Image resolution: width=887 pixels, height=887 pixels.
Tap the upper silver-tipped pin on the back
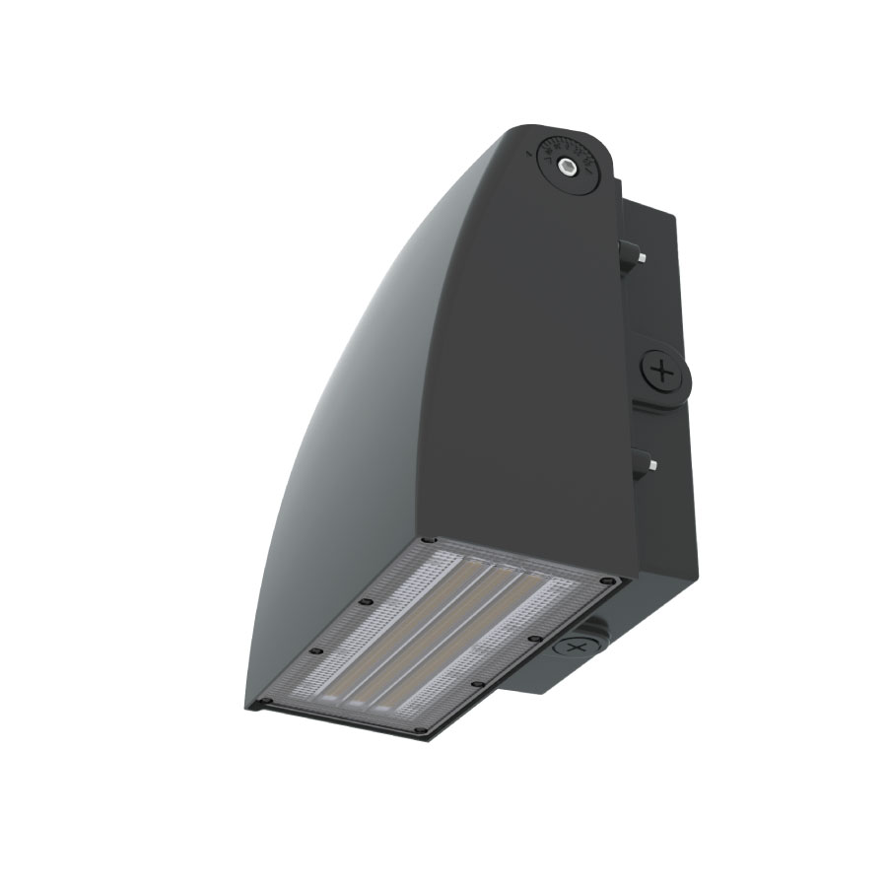(641, 257)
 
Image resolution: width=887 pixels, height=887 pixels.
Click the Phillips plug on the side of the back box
(664, 373)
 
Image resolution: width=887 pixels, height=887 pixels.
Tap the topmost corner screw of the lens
(427, 541)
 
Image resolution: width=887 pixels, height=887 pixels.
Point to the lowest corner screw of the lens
(421, 730)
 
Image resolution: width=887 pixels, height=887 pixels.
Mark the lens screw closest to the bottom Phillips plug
(533, 640)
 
